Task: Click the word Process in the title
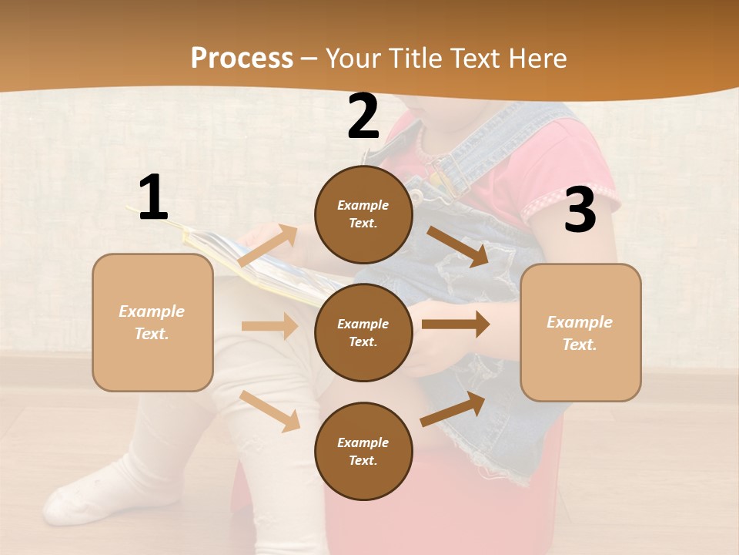242,58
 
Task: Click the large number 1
153,197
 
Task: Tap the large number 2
363,116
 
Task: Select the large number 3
580,210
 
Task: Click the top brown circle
363,214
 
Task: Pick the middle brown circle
363,332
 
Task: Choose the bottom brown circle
363,451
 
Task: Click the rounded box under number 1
152,322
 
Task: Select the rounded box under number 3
580,333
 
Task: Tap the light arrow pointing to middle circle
269,326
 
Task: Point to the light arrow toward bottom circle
270,411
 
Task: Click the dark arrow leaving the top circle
459,247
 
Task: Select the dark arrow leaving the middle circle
456,325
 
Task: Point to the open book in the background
254,262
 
